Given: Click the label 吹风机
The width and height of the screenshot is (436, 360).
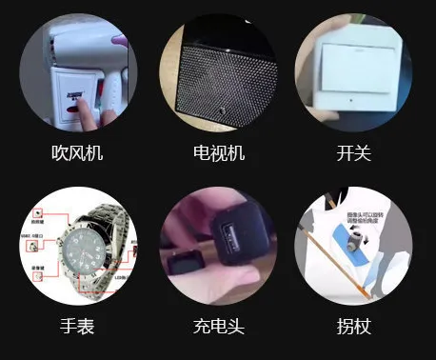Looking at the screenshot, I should [78, 152].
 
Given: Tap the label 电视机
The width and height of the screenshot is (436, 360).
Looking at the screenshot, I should [218, 152].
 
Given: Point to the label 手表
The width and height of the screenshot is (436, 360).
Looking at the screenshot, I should [78, 328].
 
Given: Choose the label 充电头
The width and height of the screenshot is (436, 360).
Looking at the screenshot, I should [218, 328].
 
